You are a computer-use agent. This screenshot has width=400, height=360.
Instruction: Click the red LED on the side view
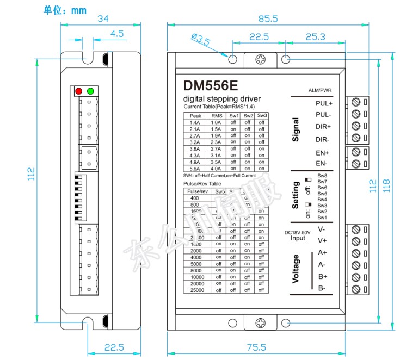click(x=79, y=91)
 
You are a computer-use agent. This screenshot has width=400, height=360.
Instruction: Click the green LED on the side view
click(x=90, y=91)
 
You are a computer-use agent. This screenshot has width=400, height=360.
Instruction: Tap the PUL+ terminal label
click(x=324, y=103)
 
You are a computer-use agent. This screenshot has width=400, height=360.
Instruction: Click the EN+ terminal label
click(x=323, y=152)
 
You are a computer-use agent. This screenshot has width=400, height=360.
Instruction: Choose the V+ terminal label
click(x=322, y=240)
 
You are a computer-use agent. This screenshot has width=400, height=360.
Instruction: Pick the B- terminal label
click(x=322, y=288)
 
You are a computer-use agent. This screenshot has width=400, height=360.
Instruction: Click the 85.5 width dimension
click(x=268, y=18)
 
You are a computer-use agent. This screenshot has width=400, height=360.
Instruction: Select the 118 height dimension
click(x=390, y=185)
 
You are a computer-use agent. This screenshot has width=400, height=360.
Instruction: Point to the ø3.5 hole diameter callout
click(x=201, y=39)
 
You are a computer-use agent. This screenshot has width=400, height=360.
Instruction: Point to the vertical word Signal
click(x=296, y=130)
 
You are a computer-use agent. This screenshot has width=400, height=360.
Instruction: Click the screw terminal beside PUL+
click(x=356, y=102)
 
